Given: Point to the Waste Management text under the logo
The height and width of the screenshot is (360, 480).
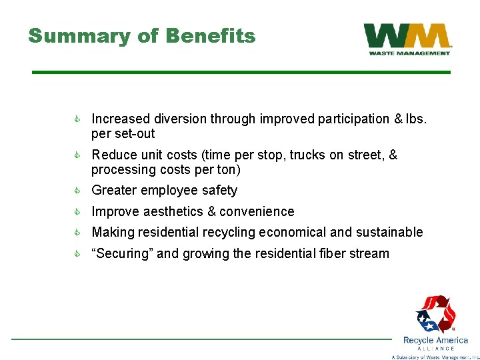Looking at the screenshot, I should click(409, 53).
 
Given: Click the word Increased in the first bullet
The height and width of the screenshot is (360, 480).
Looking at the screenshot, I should click(121, 119).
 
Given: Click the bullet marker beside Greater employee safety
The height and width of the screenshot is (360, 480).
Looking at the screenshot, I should click(77, 191).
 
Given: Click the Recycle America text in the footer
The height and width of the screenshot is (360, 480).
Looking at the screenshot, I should click(435, 340).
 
